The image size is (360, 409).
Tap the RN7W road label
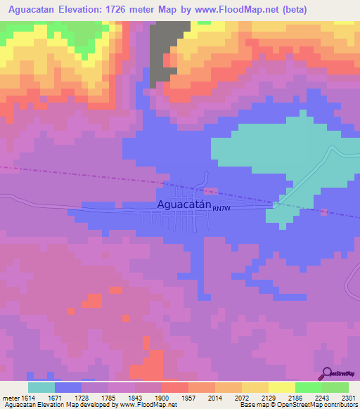click(221, 208)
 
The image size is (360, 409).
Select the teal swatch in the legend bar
click(41, 387)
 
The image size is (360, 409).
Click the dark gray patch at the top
click(166, 49)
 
